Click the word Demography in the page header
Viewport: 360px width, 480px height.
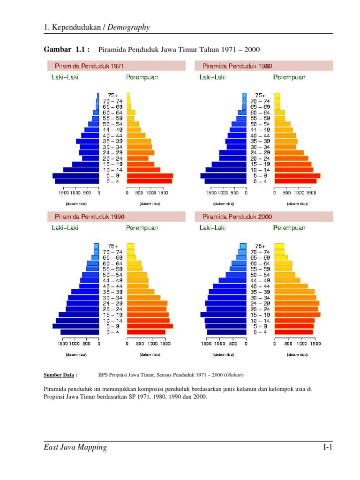pyautogui.click(x=129, y=27)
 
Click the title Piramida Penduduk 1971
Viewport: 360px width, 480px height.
pyautogui.click(x=90, y=66)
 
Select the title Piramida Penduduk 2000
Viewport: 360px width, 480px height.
pyautogui.click(x=237, y=217)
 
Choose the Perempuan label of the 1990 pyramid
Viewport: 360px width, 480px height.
pyautogui.click(x=142, y=228)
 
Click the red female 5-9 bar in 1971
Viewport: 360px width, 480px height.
pyautogui.click(x=150, y=176)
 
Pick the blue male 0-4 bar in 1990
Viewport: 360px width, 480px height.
pyautogui.click(x=80, y=332)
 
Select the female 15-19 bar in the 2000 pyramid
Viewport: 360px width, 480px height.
pyautogui.click(x=297, y=315)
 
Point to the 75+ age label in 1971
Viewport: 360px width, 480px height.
pyautogui.click(x=113, y=95)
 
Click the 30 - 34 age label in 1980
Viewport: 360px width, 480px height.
pyautogui.click(x=260, y=147)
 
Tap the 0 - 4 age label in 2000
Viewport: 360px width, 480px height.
pyautogui.click(x=260, y=332)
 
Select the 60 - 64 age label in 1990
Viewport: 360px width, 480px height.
pyautogui.click(x=113, y=263)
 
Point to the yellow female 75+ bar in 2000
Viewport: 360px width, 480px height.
pyautogui.click(x=279, y=246)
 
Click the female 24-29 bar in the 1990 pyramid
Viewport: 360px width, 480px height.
pyautogui.click(x=147, y=303)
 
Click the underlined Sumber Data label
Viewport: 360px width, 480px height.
pyautogui.click(x=60, y=375)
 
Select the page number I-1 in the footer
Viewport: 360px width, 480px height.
pyautogui.click(x=327, y=448)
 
